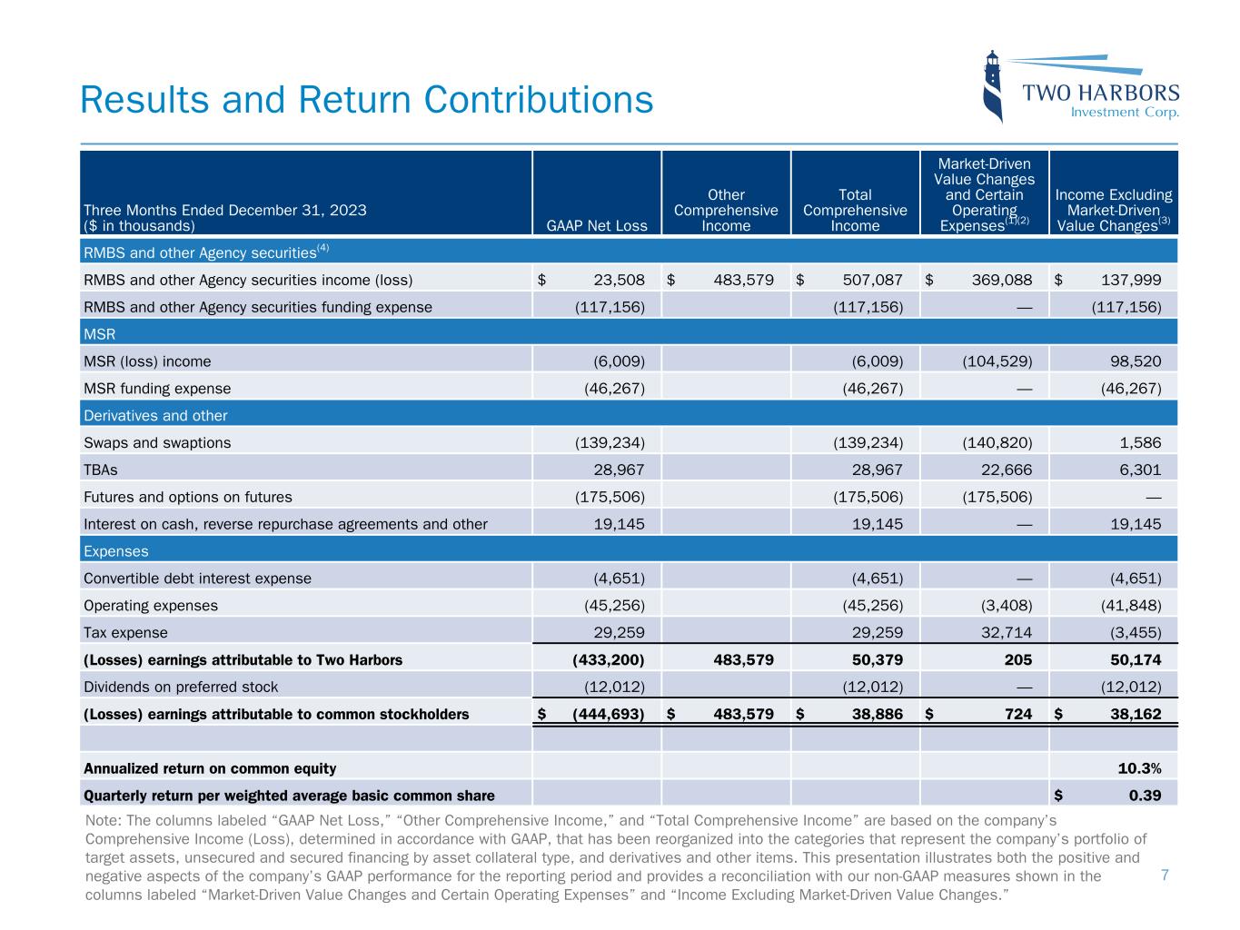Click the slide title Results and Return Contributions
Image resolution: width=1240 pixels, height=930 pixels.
pyautogui.click(x=366, y=99)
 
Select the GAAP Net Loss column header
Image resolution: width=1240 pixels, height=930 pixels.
pyautogui.click(x=597, y=225)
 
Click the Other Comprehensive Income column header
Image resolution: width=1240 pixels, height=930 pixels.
pyautogui.click(x=726, y=210)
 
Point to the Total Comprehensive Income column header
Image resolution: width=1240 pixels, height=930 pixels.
pyautogui.click(x=855, y=210)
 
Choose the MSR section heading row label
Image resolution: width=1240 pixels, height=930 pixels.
pyautogui.click(x=100, y=334)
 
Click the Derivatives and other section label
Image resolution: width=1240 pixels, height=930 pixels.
pyautogui.click(x=155, y=415)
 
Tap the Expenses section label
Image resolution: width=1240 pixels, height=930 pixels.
pyautogui.click(x=115, y=551)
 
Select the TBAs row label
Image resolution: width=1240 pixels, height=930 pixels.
pyautogui.click(x=100, y=470)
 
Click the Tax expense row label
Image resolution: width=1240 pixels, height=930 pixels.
pyautogui.click(x=125, y=632)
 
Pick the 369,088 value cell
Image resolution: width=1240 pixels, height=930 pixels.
pyautogui.click(x=1000, y=280)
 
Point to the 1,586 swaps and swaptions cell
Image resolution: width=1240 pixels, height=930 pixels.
pyautogui.click(x=1141, y=442)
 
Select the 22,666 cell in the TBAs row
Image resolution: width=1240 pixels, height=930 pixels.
pyautogui.click(x=1002, y=470)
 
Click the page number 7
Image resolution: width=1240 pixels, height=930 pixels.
pyautogui.click(x=1165, y=875)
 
